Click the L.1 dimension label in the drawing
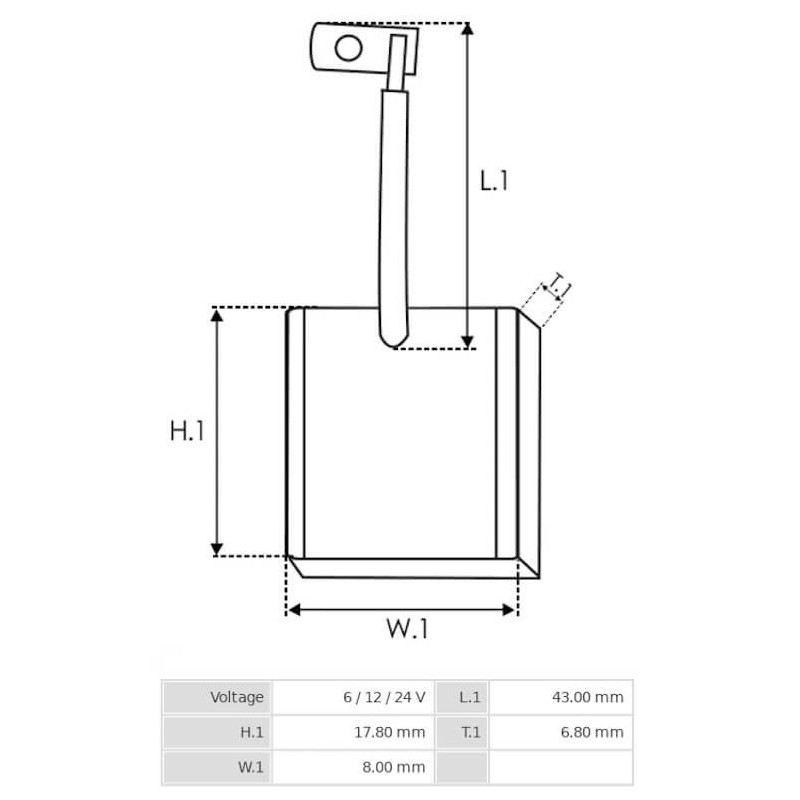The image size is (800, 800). pos(494,181)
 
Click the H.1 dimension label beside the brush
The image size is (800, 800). pos(187,431)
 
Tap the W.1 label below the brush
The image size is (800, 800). pos(407,630)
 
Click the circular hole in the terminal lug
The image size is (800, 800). pos(348,47)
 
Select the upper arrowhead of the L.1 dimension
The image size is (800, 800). pos(467,31)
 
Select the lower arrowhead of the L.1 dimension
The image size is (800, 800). pos(467,340)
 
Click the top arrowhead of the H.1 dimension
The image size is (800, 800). pos(217,316)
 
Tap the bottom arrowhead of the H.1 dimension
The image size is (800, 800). pos(217,547)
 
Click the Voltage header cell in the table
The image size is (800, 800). pos(237,697)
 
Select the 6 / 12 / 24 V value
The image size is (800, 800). pos(383,697)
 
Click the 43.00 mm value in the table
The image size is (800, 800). pos(588,697)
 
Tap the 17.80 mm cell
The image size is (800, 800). pos(389,732)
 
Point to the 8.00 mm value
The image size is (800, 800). pos(393,767)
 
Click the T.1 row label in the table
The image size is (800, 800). pos(471,732)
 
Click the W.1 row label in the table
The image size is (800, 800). pos(251,767)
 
